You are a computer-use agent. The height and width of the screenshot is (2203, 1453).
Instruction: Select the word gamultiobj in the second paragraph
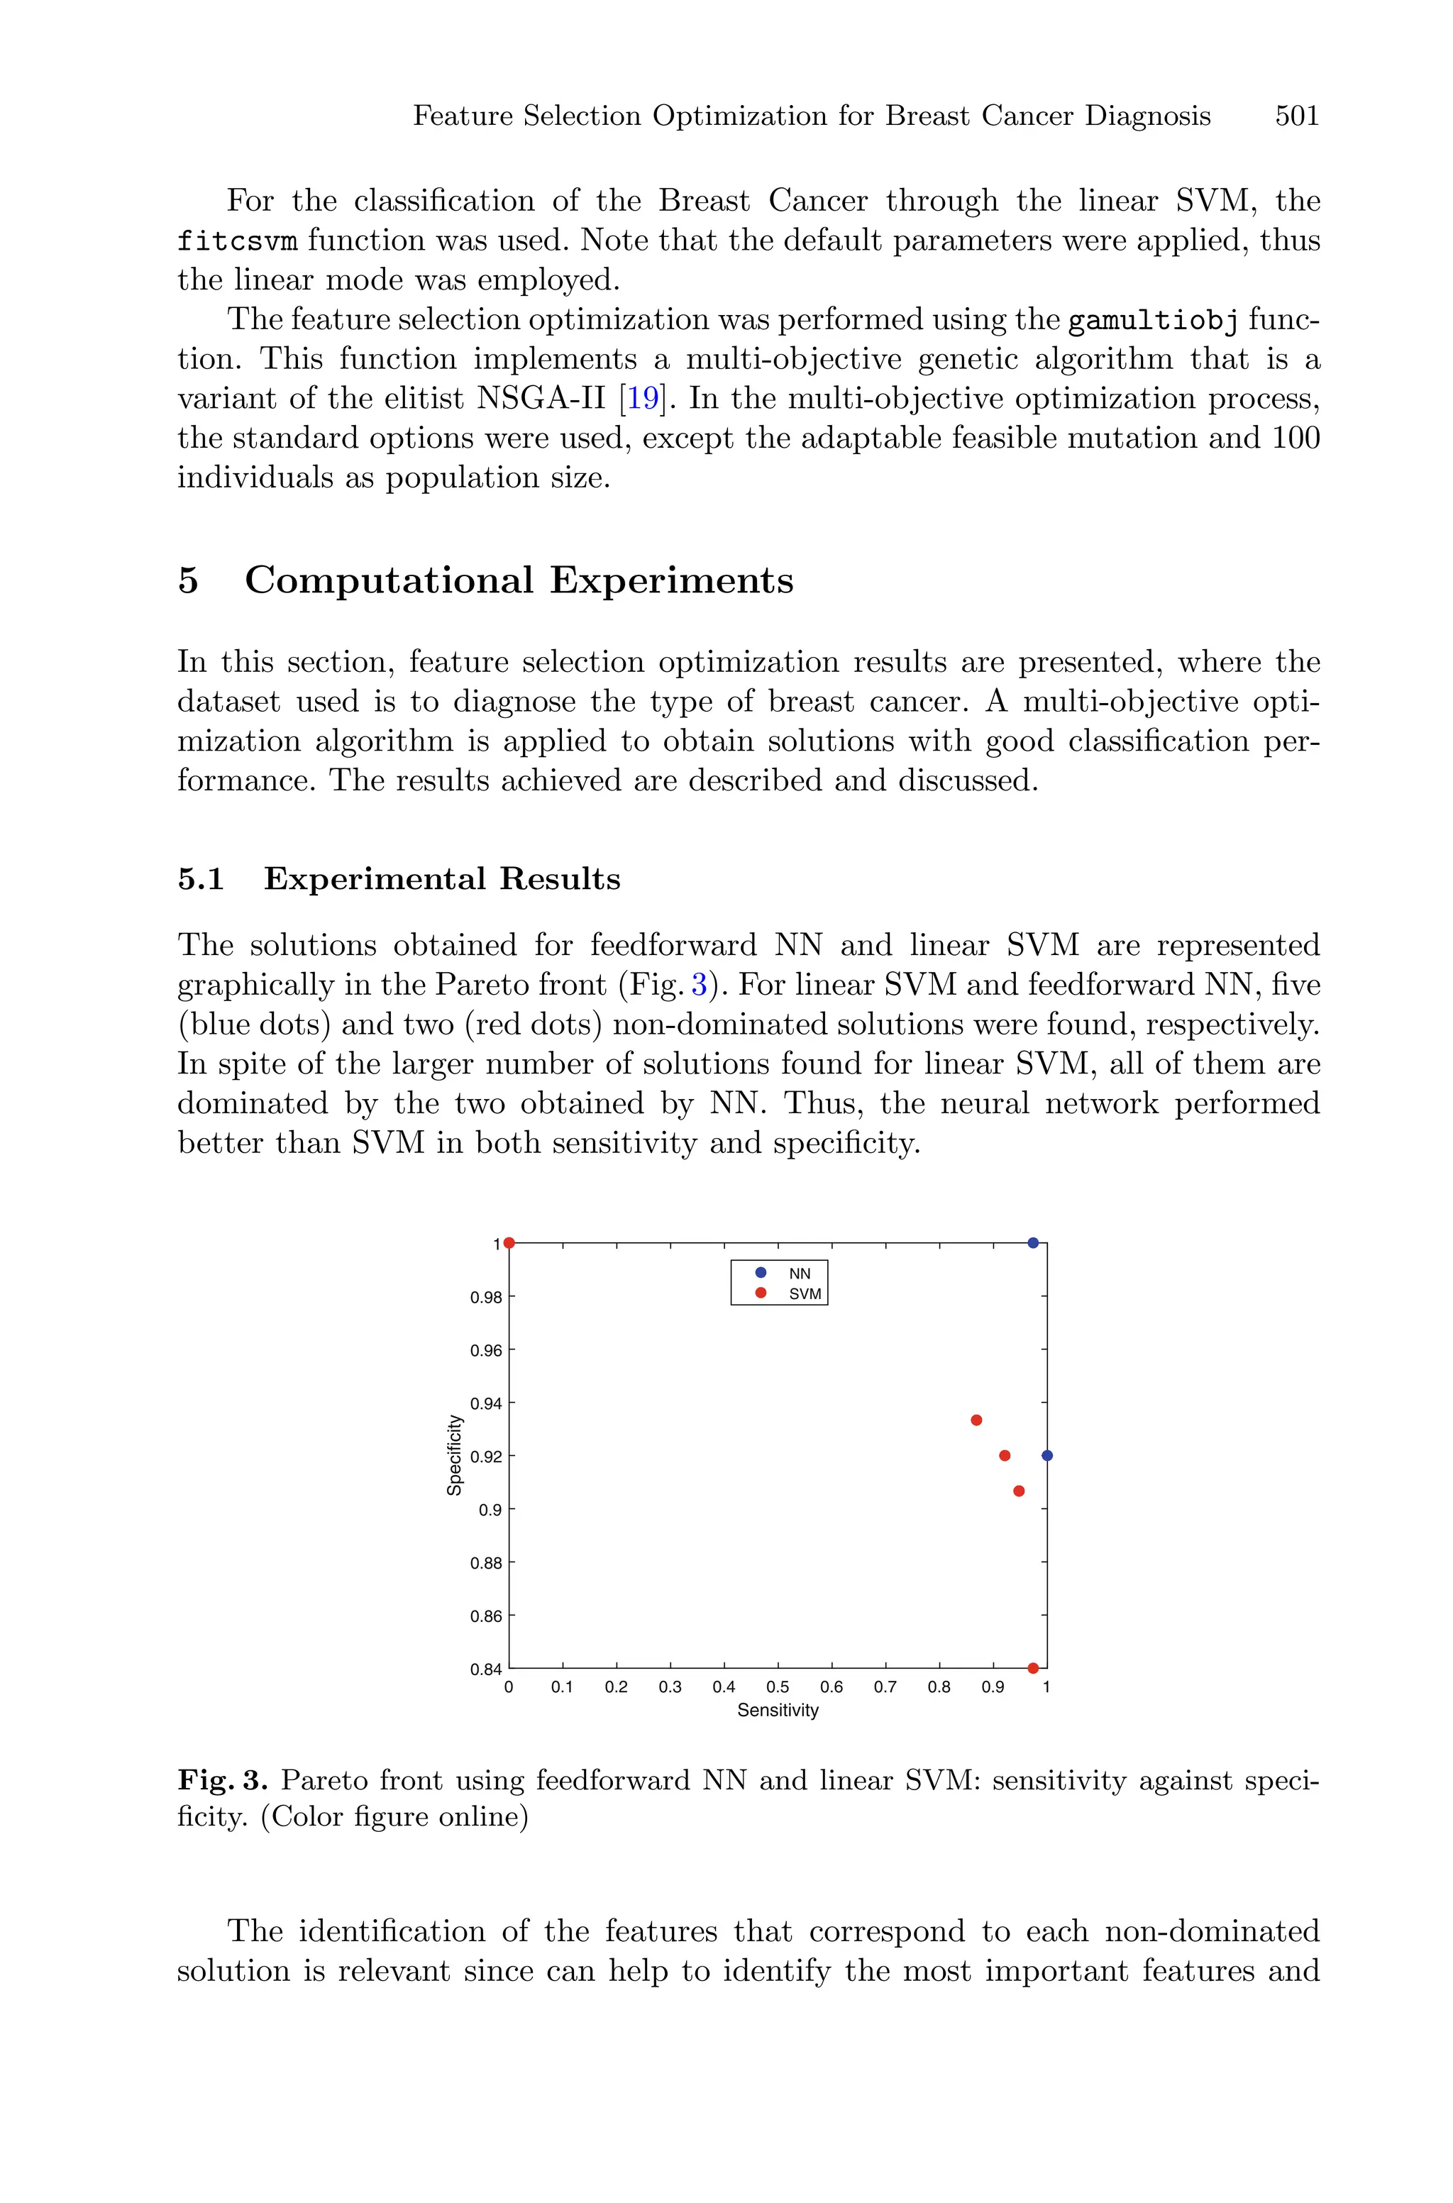(x=1153, y=321)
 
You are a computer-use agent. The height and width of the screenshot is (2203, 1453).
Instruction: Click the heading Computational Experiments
(x=518, y=581)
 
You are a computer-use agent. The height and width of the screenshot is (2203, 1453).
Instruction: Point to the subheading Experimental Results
(x=441, y=878)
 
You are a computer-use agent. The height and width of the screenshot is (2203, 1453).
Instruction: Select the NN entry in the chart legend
(x=799, y=1273)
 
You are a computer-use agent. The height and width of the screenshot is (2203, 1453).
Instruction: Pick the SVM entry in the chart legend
(x=805, y=1294)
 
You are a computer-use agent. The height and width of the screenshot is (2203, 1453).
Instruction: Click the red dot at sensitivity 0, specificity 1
(x=509, y=1243)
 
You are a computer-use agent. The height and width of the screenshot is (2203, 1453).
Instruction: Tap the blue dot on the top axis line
(x=1033, y=1242)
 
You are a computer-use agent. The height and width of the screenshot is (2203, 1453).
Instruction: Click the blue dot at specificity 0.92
(x=1047, y=1455)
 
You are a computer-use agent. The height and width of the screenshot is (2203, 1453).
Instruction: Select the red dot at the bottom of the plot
(x=1033, y=1667)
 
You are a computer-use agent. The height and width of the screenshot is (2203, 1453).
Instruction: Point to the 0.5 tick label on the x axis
(x=778, y=1687)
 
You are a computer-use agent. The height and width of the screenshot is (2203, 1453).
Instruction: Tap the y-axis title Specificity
(x=454, y=1454)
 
